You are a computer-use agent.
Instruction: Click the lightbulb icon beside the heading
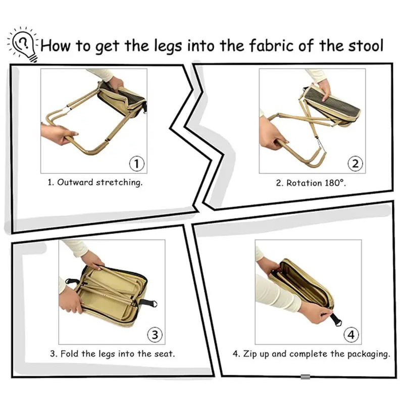coord(23,44)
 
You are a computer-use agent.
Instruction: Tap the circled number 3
coord(155,334)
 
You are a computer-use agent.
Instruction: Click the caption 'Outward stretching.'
coord(100,182)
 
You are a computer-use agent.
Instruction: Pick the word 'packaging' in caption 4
coord(370,354)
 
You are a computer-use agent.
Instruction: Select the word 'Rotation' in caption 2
coord(305,183)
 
